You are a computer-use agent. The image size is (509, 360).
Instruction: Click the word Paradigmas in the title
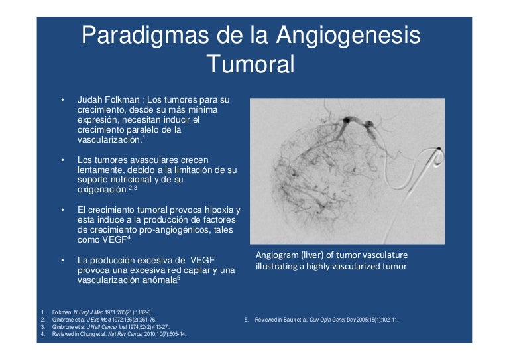coord(144,36)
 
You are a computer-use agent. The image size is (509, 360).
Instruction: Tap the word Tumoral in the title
coord(251,64)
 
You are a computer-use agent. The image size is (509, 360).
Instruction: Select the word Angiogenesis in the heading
coord(349,36)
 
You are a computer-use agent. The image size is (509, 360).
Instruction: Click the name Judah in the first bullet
coord(90,99)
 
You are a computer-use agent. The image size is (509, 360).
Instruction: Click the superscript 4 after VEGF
coord(129,237)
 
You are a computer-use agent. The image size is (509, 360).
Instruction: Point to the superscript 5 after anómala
coord(178,277)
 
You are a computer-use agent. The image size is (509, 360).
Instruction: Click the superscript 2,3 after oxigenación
coord(133,187)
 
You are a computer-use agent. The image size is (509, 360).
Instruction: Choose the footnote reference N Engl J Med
coord(89,313)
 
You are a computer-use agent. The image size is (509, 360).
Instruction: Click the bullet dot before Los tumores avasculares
coord(62,160)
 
